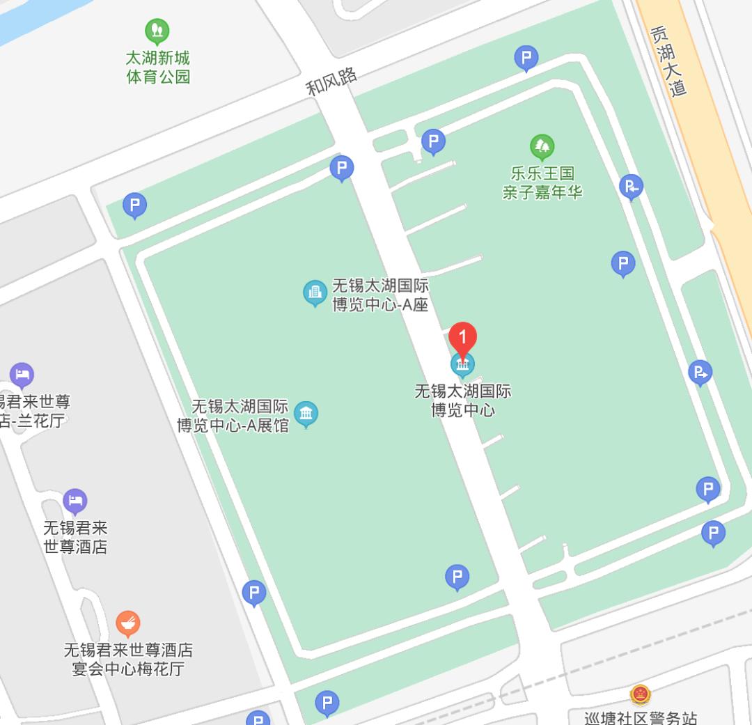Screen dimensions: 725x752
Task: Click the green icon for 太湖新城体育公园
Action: tap(157, 31)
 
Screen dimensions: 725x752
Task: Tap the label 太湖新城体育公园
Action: tap(157, 67)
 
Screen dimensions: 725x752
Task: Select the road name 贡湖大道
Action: tap(668, 61)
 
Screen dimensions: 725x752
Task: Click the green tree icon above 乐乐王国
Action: tap(542, 146)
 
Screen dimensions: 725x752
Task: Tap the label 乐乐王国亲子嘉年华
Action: tap(542, 182)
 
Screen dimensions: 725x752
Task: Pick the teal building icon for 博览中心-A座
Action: tap(315, 293)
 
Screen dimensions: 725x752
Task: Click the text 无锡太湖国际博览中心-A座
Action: tap(380, 295)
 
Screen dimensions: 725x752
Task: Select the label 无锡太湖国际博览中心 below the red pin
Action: tap(462, 400)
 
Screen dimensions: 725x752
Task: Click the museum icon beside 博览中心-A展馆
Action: tap(306, 414)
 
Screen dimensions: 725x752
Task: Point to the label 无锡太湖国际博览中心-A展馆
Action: tap(233, 416)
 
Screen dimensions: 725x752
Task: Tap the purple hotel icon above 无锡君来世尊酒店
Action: tap(75, 500)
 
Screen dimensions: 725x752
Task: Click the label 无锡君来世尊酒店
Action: tap(75, 537)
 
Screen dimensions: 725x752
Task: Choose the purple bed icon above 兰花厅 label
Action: tap(22, 375)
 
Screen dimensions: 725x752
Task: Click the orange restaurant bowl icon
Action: tap(127, 623)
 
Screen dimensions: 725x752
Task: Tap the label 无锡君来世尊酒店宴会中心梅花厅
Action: tap(128, 660)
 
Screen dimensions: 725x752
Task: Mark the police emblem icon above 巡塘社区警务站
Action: tap(640, 694)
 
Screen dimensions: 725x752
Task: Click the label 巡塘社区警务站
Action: tap(641, 717)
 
